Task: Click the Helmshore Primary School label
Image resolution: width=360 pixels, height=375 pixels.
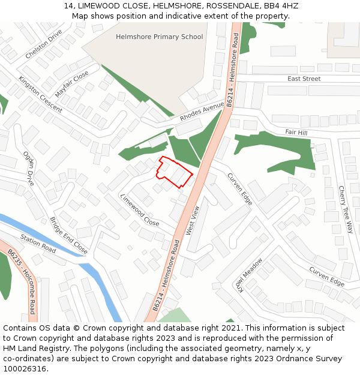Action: [x=159, y=37]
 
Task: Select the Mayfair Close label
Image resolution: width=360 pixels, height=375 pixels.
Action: [x=71, y=84]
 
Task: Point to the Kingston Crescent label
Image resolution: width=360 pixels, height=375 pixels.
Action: [x=40, y=94]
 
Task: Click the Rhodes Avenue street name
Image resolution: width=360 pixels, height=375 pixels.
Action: [x=202, y=112]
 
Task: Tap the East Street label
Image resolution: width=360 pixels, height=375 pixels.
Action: [x=304, y=79]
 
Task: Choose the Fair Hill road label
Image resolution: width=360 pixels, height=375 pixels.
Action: [x=296, y=132]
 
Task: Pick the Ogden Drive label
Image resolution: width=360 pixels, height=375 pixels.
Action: [x=29, y=169]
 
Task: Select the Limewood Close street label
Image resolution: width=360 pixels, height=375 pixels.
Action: [x=140, y=210]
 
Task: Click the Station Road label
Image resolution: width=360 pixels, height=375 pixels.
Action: [x=38, y=242]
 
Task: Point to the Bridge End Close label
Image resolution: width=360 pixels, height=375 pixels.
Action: [x=68, y=235]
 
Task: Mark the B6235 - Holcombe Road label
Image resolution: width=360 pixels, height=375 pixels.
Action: [x=22, y=282]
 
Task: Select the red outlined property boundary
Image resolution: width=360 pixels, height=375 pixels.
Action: [x=175, y=172]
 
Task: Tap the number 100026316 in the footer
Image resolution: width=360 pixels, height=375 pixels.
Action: [x=25, y=368]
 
